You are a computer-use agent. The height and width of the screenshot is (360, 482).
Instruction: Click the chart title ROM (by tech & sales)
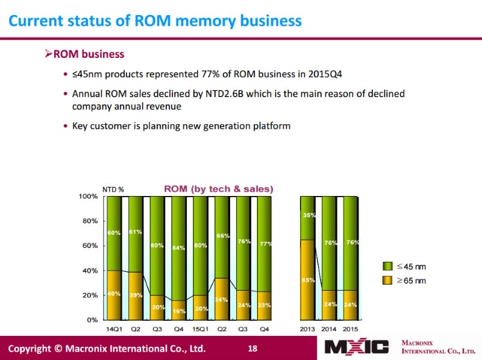[x=219, y=189]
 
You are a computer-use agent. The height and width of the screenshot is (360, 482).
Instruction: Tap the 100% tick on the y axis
[x=89, y=197]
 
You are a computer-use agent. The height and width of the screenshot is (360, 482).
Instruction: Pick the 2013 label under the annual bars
[x=308, y=329]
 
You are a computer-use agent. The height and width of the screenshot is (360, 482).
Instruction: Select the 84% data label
[x=178, y=247]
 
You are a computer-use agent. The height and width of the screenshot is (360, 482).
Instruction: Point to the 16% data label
[x=178, y=311]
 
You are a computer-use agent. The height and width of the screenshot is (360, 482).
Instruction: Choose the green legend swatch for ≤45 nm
[x=388, y=266]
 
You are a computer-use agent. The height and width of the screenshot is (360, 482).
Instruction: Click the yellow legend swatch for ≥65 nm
[x=388, y=280]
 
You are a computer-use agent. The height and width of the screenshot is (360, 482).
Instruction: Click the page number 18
[x=253, y=348]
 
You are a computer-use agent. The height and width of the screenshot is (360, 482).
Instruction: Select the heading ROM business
[x=89, y=54]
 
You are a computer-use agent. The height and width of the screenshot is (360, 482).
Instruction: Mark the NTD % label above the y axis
[x=113, y=189]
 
